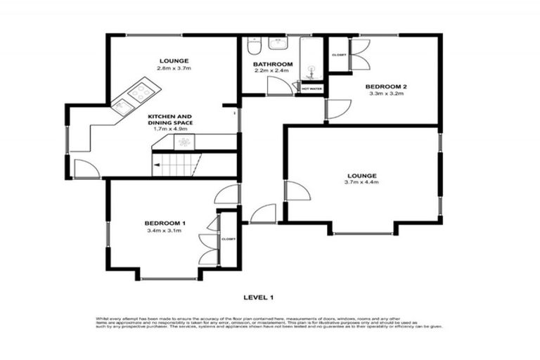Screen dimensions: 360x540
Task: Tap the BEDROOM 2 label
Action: click(x=386, y=86)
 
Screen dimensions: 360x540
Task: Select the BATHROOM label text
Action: click(x=273, y=64)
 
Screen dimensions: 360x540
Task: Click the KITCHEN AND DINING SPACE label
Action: click(x=171, y=119)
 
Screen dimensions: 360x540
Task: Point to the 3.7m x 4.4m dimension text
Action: click(x=362, y=182)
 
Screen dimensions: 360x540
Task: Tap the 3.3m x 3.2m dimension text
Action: click(x=386, y=94)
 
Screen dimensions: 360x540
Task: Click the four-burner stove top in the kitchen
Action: click(x=142, y=91)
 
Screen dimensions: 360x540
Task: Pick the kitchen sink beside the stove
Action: click(x=122, y=105)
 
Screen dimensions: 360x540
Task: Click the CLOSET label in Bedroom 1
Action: click(x=229, y=239)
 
